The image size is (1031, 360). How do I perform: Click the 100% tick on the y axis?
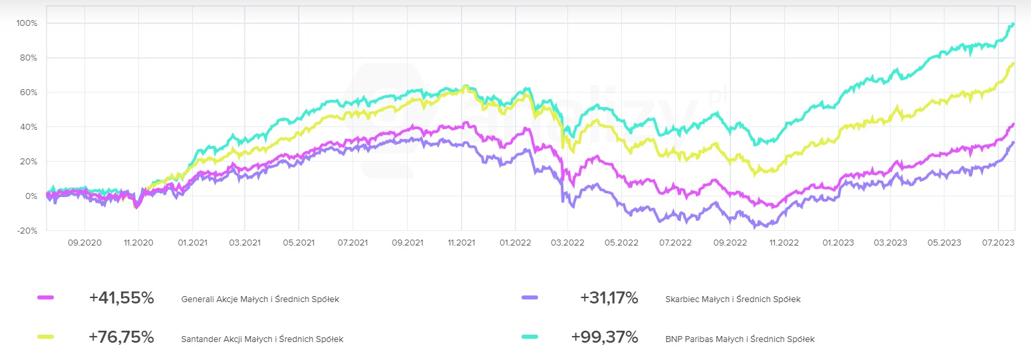27,23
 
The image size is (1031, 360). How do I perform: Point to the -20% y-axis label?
28,231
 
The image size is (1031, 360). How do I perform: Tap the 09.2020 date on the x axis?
84,243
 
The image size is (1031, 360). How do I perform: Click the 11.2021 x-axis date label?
461,243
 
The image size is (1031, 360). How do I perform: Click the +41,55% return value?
122,299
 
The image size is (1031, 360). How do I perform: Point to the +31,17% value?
609,299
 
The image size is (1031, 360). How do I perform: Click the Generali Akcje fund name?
260,299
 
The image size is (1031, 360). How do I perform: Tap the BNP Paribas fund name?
740,339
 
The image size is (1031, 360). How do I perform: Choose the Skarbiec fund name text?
733,299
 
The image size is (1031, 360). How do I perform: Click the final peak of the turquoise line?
1012,25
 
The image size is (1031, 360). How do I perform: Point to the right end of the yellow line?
1014,63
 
